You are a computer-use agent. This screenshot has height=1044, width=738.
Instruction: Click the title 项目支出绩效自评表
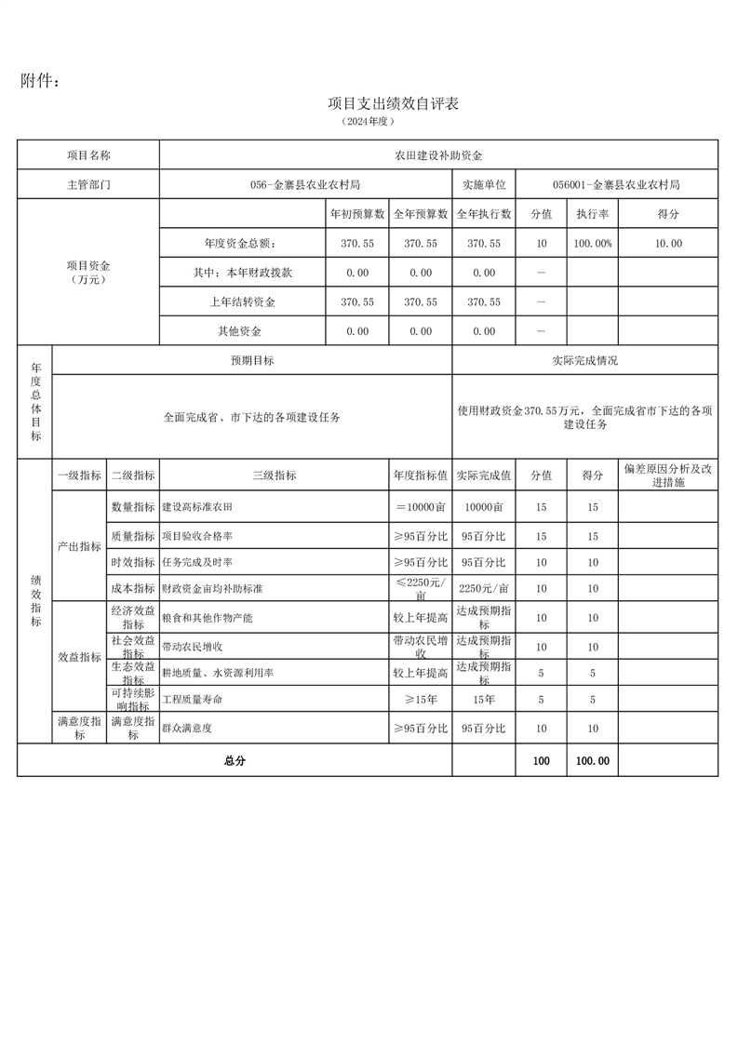(x=393, y=103)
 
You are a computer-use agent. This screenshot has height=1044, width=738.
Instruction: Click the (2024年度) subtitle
(x=369, y=122)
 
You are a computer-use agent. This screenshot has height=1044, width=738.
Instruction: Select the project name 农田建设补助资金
(x=438, y=155)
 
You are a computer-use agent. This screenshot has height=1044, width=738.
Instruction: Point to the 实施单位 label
(x=483, y=184)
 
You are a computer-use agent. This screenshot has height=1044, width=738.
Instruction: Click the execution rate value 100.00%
(x=592, y=244)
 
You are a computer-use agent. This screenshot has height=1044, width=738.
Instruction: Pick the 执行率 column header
(x=592, y=214)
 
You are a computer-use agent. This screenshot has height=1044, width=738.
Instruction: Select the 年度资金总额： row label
(x=240, y=244)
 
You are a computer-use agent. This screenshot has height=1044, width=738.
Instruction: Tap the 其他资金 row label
(x=239, y=331)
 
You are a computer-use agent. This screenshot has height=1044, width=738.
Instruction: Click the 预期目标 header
(x=252, y=360)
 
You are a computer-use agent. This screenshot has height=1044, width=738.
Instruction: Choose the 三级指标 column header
(x=274, y=475)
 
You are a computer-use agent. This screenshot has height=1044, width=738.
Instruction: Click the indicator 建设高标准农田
(x=197, y=506)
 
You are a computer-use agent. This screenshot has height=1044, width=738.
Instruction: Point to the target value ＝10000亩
(x=421, y=506)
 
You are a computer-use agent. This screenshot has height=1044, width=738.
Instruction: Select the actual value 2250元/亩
(x=484, y=588)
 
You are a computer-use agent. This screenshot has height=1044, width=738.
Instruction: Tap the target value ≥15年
(x=421, y=699)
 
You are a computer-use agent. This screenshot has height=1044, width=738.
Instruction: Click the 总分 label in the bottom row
(x=235, y=760)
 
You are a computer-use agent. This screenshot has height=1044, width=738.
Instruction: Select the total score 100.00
(x=592, y=760)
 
